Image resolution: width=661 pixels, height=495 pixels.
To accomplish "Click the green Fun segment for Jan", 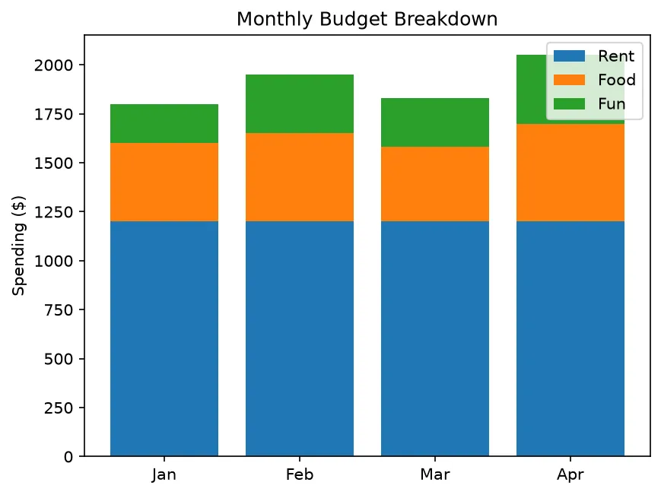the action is point(164,123).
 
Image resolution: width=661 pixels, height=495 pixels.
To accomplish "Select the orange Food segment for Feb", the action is point(300,177).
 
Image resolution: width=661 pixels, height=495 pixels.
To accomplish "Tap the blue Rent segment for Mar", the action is point(435,338).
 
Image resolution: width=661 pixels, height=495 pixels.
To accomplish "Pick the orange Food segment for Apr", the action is point(570,173).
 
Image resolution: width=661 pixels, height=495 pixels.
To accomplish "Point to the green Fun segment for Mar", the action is point(435,122).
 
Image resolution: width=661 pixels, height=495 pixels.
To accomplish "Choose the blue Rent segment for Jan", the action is point(164,338).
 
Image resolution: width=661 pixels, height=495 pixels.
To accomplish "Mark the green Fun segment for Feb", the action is point(300,103).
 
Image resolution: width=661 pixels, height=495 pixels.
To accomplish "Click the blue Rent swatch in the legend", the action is point(569,56).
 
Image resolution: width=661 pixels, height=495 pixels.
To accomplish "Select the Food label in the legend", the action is point(617,80).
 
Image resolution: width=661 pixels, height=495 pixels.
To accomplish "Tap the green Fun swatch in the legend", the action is point(569,104).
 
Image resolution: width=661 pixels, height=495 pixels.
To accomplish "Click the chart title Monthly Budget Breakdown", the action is point(367,19).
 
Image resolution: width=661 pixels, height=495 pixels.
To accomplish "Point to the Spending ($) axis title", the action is point(19,246).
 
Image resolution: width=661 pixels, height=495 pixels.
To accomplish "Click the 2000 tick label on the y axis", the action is point(53,65).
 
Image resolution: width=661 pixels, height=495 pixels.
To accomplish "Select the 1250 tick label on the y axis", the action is point(53,212).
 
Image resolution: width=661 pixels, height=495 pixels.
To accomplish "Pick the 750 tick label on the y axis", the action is point(59,310).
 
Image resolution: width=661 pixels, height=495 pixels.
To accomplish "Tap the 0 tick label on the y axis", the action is point(68,457).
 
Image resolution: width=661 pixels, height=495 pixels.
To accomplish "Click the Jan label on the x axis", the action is point(164,474).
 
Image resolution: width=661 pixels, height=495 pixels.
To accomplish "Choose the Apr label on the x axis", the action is point(570,474).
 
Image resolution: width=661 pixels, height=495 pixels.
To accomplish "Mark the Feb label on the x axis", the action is point(300,474).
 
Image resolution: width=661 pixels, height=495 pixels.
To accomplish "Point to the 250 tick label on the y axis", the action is point(59,408).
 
